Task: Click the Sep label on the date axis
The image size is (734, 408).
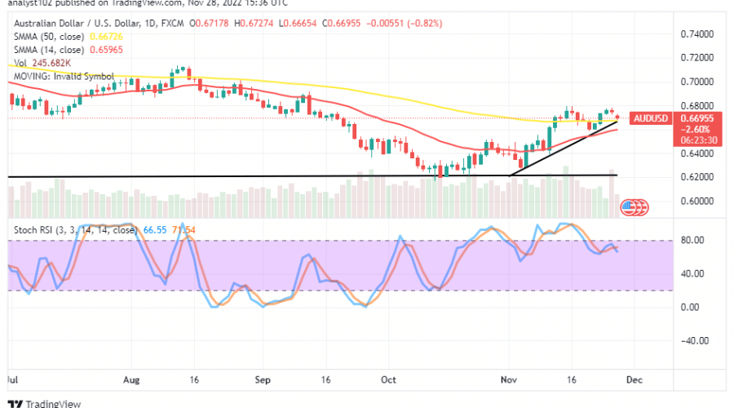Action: pyautogui.click(x=262, y=379)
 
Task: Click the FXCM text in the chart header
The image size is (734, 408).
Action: pyautogui.click(x=170, y=24)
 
